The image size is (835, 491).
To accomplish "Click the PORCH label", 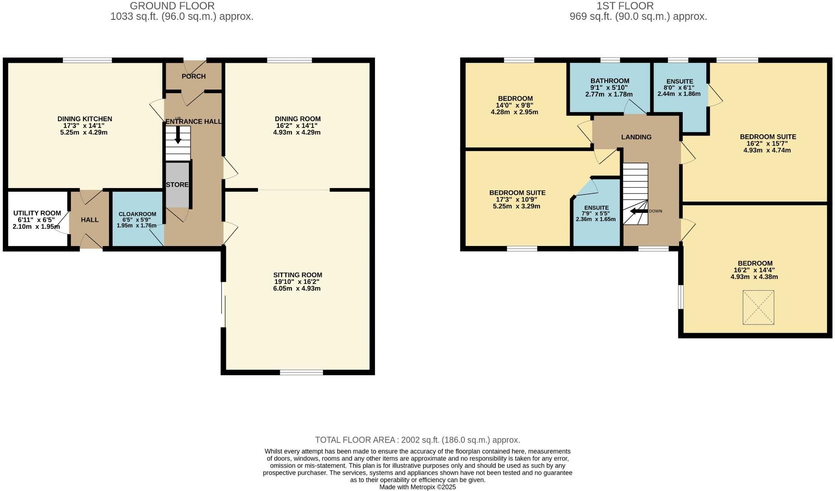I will pyautogui.click(x=193, y=76).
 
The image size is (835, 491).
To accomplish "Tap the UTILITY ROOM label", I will pyautogui.click(x=37, y=213).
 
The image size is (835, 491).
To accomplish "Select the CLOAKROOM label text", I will pyautogui.click(x=137, y=214).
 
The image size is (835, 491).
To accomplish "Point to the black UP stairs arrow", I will pyautogui.click(x=178, y=135).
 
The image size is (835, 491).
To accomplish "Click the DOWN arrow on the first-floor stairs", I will pyautogui.click(x=638, y=211).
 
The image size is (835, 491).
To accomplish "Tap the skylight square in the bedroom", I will pyautogui.click(x=758, y=307).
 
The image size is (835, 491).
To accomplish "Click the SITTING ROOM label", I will pyautogui.click(x=297, y=275).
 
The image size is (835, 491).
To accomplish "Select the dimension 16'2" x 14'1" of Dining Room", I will pyautogui.click(x=297, y=126).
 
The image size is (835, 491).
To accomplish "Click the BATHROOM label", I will pyautogui.click(x=610, y=81).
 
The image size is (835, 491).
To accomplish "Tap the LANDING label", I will pyautogui.click(x=636, y=137).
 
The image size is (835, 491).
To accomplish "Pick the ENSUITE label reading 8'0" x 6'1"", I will pyautogui.click(x=680, y=81).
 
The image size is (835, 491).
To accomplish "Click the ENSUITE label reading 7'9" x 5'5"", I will pyautogui.click(x=596, y=208).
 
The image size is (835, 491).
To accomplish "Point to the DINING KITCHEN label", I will pyautogui.click(x=84, y=119).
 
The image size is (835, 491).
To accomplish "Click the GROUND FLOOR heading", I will pyautogui.click(x=172, y=6).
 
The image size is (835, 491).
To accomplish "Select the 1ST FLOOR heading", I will pyautogui.click(x=625, y=6).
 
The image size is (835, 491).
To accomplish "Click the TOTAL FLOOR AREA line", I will pyautogui.click(x=417, y=440).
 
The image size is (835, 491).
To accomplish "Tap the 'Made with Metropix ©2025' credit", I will pyautogui.click(x=417, y=487).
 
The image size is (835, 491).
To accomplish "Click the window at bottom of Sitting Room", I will pyautogui.click(x=301, y=372).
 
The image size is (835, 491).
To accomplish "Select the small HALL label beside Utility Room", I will pyautogui.click(x=89, y=220).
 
